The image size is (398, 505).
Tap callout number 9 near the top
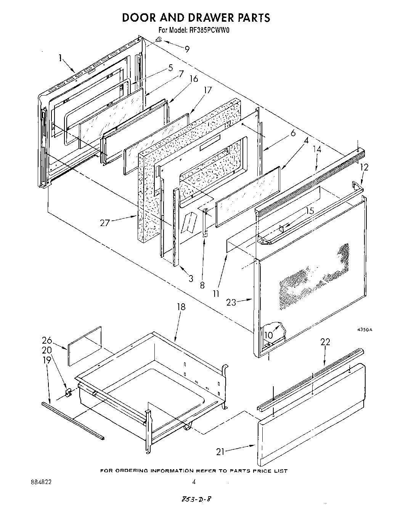click(x=187, y=49)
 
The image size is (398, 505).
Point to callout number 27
click(x=105, y=223)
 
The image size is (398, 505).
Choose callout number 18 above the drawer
click(x=181, y=307)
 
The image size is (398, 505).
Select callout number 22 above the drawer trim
click(x=325, y=342)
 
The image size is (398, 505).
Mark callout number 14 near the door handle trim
click(x=316, y=150)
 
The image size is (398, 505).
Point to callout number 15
click(x=310, y=210)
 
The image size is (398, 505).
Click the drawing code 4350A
click(x=364, y=330)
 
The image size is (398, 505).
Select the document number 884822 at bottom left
click(x=41, y=481)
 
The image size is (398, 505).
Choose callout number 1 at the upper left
click(x=60, y=58)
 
